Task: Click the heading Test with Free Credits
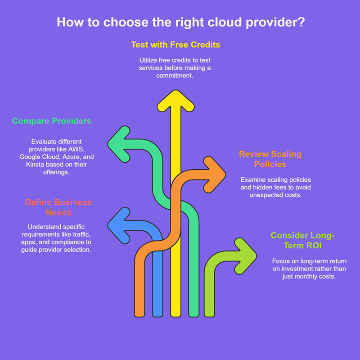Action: click(175, 45)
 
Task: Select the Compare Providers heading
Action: click(52, 121)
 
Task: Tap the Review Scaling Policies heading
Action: click(270, 159)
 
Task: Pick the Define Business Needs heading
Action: click(58, 207)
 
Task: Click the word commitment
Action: click(175, 76)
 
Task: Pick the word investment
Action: click(298, 269)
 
